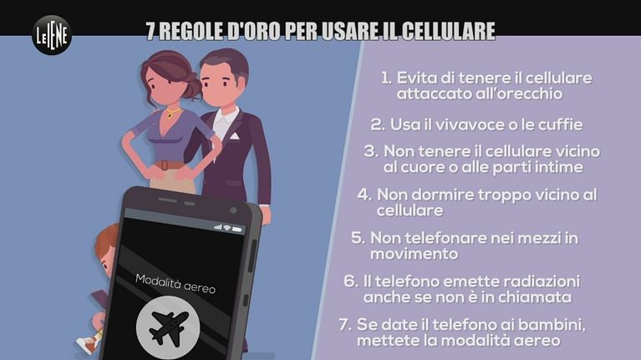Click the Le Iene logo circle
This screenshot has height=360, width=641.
pyautogui.click(x=52, y=35)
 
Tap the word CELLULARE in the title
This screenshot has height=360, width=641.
pyautogui.click(x=449, y=31)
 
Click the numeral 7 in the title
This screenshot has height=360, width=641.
pyautogui.click(x=150, y=31)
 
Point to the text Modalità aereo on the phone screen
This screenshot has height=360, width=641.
pyautogui.click(x=176, y=284)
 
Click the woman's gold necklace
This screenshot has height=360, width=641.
pyautogui.click(x=172, y=112)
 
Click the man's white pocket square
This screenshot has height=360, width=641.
pyautogui.click(x=234, y=135)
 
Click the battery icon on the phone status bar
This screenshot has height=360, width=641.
pyautogui.click(x=237, y=230)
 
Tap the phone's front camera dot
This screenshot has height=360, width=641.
pyautogui.click(x=233, y=210)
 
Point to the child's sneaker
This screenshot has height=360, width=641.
pyautogui.click(x=85, y=345)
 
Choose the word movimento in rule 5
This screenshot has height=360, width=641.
pyautogui.click(x=415, y=254)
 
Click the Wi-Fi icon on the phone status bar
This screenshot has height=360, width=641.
pyautogui.click(x=226, y=227)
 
